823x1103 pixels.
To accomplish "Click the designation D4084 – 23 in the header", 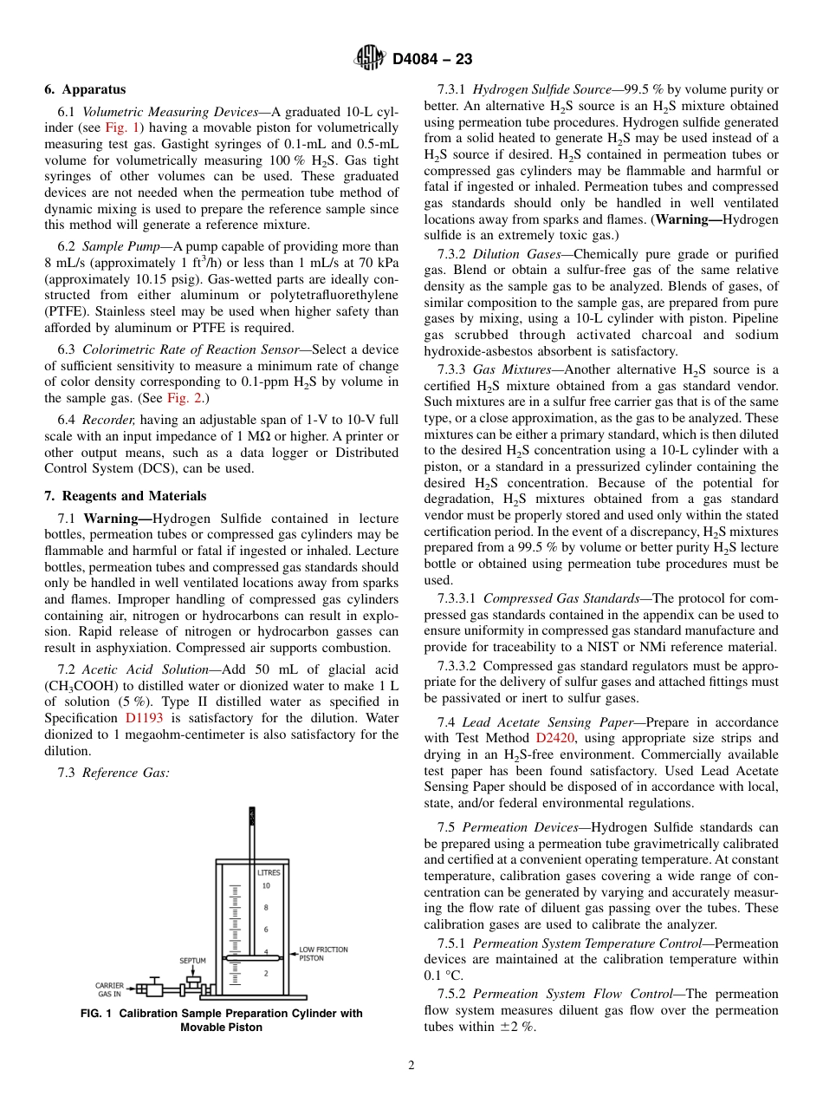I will coord(432,60).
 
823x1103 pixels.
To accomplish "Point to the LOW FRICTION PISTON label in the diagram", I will coord(322,954).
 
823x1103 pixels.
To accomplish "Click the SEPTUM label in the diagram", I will coord(192,961).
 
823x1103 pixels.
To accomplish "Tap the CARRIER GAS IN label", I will coord(110,989).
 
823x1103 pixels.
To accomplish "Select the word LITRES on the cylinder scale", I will coord(269,872).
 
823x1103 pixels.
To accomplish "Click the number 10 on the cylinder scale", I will coord(266,886).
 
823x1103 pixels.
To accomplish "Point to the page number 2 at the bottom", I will coord(411,1066).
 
